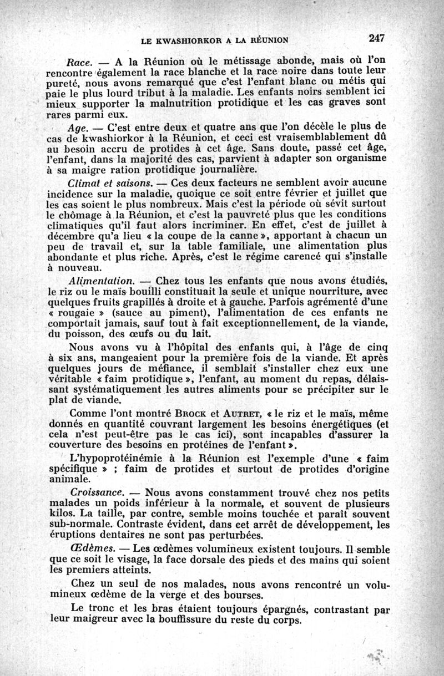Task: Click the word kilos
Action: click(60, 515)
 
